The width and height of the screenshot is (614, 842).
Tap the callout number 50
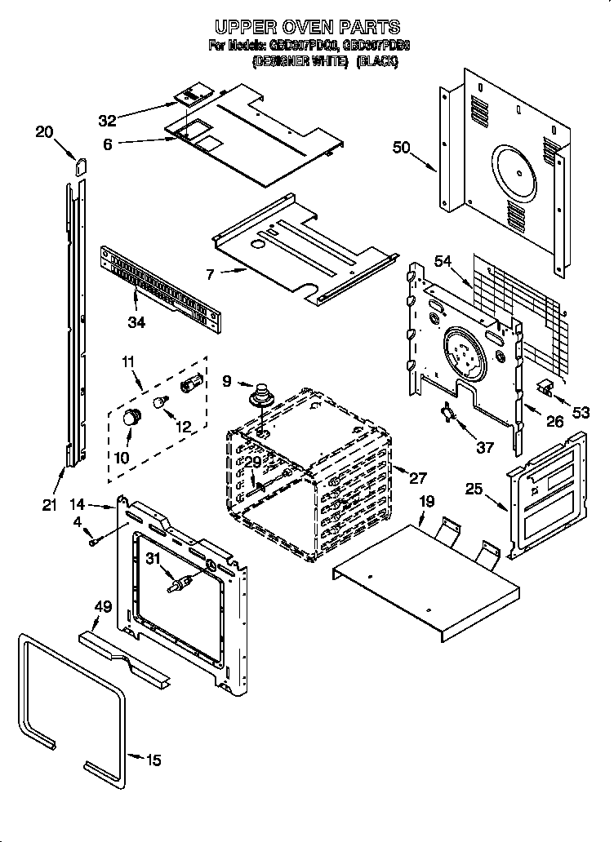(x=401, y=148)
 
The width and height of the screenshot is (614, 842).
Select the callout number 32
(x=108, y=121)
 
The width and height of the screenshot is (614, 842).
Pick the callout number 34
(x=136, y=322)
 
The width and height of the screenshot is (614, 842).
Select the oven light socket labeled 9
(x=261, y=394)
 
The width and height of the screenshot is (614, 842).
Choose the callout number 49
(x=102, y=606)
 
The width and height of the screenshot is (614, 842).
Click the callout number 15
(x=153, y=760)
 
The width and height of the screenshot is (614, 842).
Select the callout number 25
(x=474, y=490)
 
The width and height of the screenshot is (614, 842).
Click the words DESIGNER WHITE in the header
(x=300, y=60)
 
